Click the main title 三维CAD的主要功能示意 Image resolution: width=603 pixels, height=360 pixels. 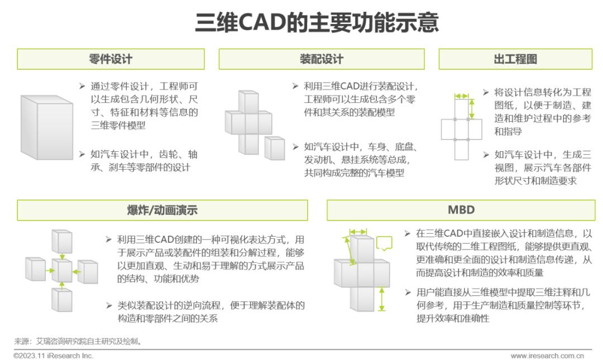[317, 22]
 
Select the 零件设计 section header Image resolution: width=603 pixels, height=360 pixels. [111, 59]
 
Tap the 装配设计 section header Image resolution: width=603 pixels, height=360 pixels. [322, 59]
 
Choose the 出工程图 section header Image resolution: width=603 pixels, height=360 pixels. [515, 59]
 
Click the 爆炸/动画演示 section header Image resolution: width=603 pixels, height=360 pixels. [162, 210]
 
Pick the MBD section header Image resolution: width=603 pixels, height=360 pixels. [461, 210]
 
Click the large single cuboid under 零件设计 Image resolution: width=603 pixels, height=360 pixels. [46, 127]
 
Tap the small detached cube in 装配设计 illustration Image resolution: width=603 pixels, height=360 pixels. [275, 148]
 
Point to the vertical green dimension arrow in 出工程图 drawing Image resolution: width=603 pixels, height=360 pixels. [472, 109]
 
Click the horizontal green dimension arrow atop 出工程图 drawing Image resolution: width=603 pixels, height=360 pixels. [462, 96]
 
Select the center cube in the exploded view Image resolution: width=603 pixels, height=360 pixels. [62, 270]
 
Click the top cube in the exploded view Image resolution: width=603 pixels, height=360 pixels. [62, 241]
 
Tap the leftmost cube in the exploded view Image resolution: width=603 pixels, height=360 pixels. [35, 269]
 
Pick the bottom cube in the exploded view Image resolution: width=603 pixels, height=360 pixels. [62, 300]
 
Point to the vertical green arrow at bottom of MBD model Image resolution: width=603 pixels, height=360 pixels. [381, 300]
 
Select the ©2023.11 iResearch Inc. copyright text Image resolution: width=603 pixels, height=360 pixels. [54, 356]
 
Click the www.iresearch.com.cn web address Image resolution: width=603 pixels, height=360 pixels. [547, 356]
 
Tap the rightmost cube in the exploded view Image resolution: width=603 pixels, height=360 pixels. [88, 272]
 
